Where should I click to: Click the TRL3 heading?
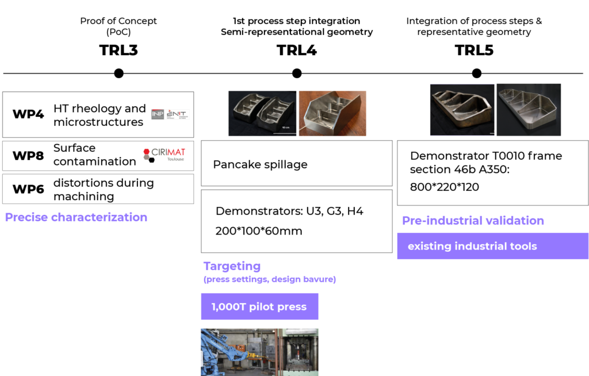click(x=118, y=50)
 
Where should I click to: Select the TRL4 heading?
click(x=297, y=50)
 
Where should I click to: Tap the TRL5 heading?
click(x=474, y=50)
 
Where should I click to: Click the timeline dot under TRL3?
click(x=118, y=73)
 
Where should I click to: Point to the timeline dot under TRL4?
click(x=297, y=73)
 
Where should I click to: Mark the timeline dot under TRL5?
click(x=476, y=73)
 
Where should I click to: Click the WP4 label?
click(x=28, y=114)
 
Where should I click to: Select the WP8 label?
click(x=28, y=155)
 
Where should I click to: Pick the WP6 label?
click(x=28, y=189)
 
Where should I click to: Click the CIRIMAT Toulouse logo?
click(x=165, y=155)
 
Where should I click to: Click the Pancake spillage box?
click(x=296, y=164)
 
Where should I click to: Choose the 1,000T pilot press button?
click(x=259, y=306)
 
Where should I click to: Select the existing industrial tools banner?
click(x=492, y=246)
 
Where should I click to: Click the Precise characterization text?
click(x=76, y=217)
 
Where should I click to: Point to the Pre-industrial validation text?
click(x=473, y=221)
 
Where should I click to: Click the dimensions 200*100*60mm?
click(x=259, y=231)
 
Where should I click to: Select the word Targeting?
click(x=232, y=266)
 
